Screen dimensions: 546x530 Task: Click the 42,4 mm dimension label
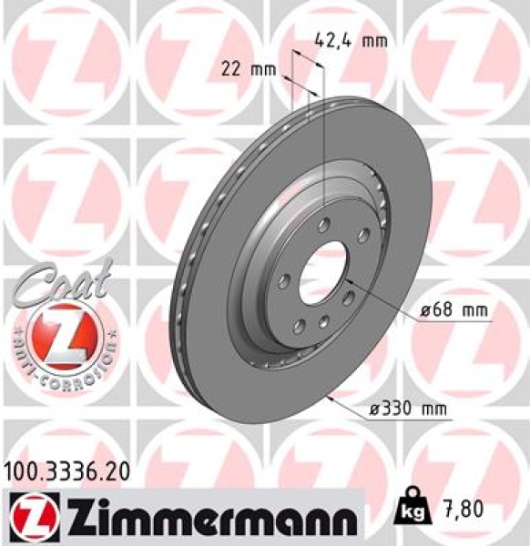tap(351, 40)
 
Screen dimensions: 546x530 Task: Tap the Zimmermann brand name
tap(199, 517)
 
